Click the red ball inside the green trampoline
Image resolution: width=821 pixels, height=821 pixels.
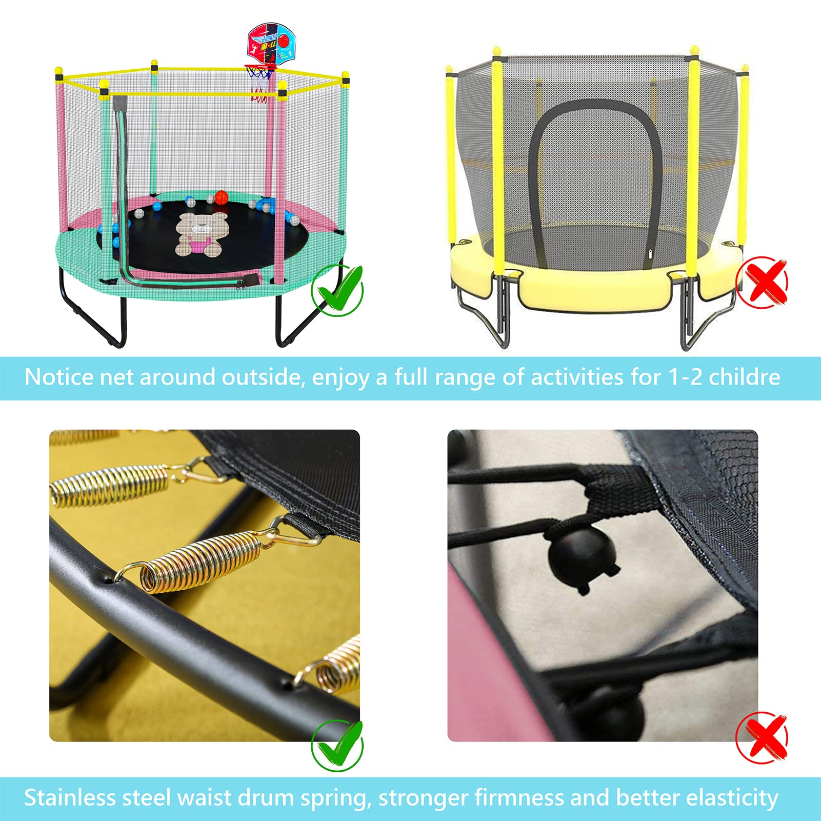[221, 197]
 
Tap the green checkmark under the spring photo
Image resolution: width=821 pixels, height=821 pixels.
[337, 745]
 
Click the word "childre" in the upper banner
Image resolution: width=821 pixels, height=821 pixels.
[744, 377]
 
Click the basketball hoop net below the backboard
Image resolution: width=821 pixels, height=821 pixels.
[260, 83]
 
